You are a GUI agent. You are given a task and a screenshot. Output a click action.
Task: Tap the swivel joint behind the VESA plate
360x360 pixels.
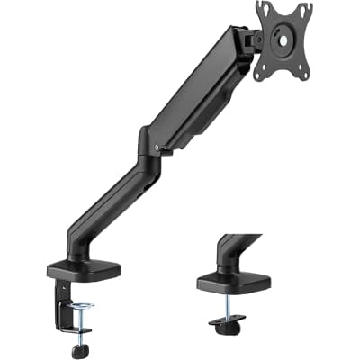(x=247, y=40)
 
